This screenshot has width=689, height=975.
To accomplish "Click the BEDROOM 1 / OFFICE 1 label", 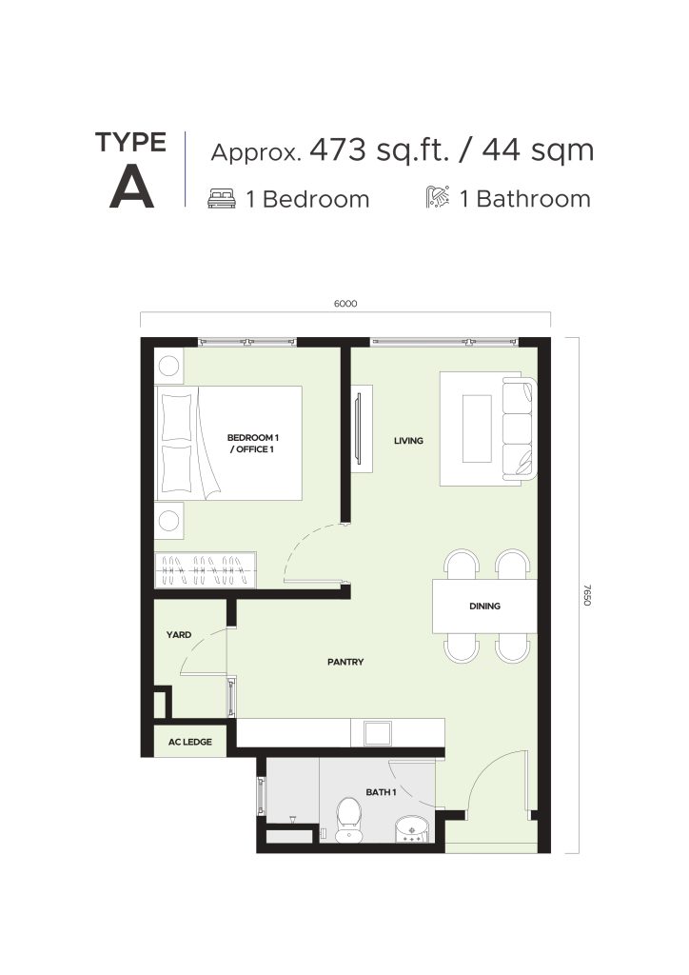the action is (253, 444).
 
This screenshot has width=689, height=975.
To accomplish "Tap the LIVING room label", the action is (408, 440).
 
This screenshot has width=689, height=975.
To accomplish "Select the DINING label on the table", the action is (484, 606).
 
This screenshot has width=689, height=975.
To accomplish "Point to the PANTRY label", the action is (345, 662).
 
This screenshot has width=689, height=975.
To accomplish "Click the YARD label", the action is (178, 635).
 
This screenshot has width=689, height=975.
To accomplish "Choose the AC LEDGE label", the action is (190, 742).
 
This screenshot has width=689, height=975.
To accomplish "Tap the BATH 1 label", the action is (381, 792).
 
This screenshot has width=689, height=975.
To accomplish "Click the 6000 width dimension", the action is (345, 304).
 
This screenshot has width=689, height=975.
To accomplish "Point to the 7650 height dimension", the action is (587, 595).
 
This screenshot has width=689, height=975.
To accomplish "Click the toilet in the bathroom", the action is (348, 820).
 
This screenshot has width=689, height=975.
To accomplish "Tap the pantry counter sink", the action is (378, 733).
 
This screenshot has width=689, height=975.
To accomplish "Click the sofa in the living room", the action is (519, 428).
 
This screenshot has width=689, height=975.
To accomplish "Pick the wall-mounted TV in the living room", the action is (357, 428).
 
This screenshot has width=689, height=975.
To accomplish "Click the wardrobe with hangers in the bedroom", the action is (205, 569).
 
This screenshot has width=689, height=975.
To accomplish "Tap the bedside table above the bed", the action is (169, 367).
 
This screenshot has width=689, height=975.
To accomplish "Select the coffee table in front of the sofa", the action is (477, 428).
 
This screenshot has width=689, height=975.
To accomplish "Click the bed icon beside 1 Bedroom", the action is (222, 198).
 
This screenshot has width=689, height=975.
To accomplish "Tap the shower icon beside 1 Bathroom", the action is (438, 197).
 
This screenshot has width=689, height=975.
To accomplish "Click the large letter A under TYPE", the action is (131, 189).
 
